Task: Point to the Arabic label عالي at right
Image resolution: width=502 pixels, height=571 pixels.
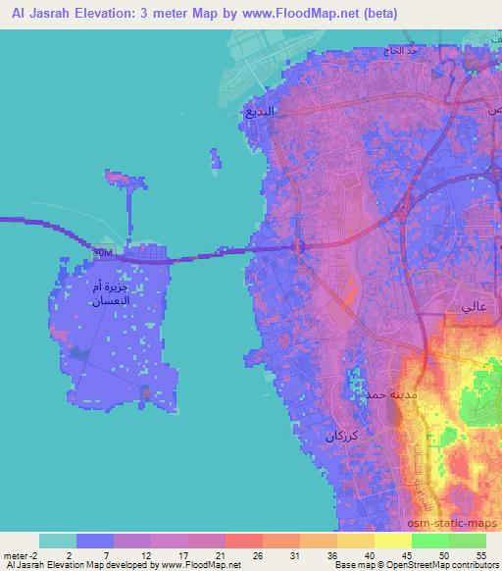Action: (x=468, y=308)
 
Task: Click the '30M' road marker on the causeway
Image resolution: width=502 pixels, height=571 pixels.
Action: (x=102, y=252)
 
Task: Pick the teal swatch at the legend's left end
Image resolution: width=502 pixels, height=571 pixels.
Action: (x=58, y=541)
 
